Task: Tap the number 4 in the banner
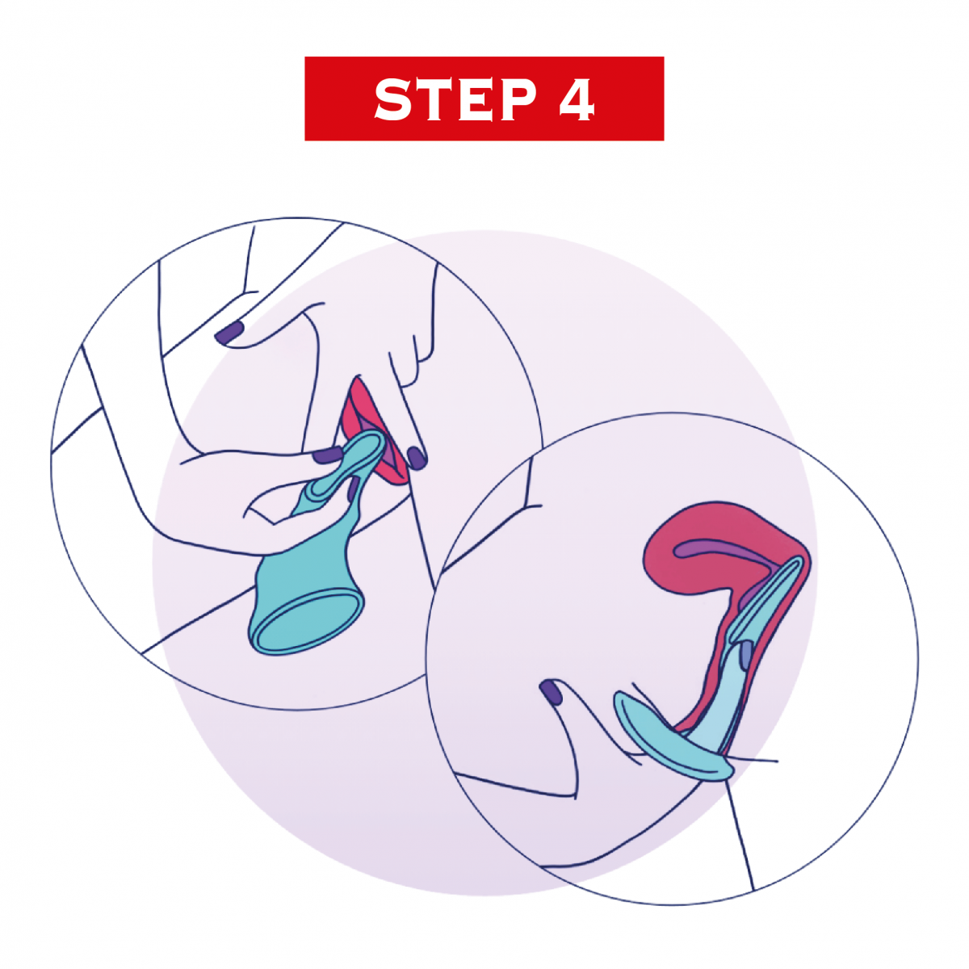pyautogui.click(x=577, y=99)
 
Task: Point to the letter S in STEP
pyautogui.click(x=393, y=99)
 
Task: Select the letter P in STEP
pyautogui.click(x=518, y=99)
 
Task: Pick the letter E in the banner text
pyautogui.click(x=474, y=99)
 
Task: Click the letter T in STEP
pyautogui.click(x=435, y=99)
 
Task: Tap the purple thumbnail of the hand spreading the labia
pyautogui.click(x=229, y=333)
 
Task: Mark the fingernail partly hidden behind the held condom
pyautogui.click(x=354, y=489)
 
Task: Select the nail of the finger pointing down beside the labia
pyautogui.click(x=417, y=458)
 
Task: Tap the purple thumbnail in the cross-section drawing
pyautogui.click(x=552, y=691)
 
